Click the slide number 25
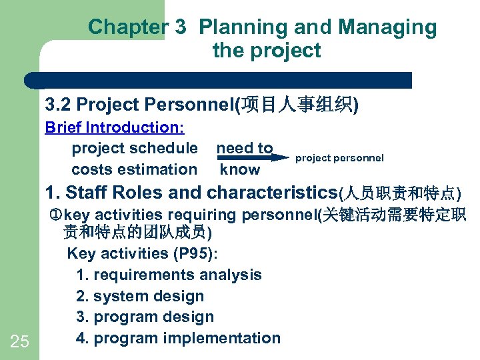(20, 342)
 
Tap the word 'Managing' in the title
(388, 27)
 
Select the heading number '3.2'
(59, 105)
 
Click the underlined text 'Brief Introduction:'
(114, 127)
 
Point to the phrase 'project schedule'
(134, 148)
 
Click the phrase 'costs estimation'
(134, 169)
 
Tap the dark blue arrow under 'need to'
(254, 158)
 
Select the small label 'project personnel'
(339, 158)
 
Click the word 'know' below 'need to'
(240, 169)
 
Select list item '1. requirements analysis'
(169, 275)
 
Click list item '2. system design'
(140, 296)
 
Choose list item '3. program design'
(145, 317)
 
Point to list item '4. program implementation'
(178, 338)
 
